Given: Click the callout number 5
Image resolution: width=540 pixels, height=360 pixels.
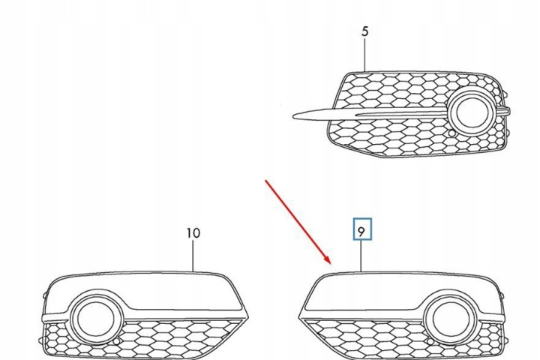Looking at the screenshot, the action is [365, 31].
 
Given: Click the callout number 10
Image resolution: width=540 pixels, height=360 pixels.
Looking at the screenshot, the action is [193, 233].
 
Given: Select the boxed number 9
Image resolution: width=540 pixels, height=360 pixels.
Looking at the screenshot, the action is [361, 232].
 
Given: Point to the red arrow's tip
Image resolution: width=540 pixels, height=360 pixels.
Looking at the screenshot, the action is [331, 263].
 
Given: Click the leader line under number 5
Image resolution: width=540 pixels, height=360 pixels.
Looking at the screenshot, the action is [365, 55].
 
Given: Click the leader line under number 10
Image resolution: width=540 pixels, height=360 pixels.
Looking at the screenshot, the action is [193, 256].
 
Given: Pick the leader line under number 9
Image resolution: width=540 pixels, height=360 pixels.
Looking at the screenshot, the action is [361, 256].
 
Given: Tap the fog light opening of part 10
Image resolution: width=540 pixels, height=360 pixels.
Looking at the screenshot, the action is [96, 318].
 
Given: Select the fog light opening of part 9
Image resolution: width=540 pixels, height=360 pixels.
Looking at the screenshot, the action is [450, 318].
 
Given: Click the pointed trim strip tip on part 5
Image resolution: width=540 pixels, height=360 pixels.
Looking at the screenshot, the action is [293, 116].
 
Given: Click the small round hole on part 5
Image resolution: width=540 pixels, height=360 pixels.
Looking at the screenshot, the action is [451, 133].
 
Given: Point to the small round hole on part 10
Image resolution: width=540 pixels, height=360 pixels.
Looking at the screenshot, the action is [116, 341].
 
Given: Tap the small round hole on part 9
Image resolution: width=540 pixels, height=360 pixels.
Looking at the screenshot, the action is [430, 341].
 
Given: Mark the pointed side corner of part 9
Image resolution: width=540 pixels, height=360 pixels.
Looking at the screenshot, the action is [299, 317].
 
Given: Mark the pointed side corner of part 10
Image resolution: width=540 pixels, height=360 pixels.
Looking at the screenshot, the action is [248, 317].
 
